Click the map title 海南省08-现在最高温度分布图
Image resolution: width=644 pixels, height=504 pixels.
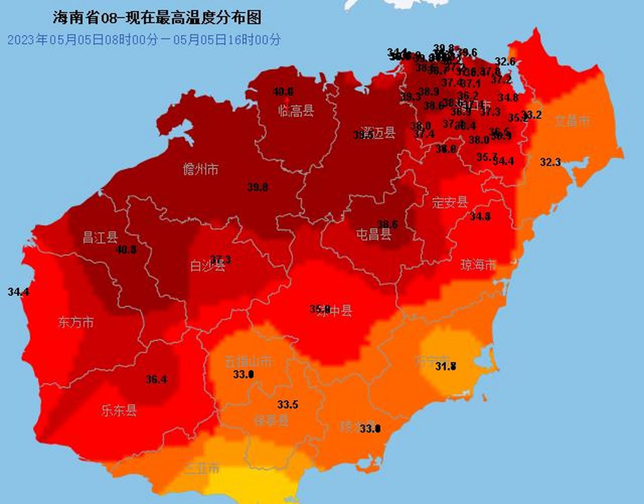click(157, 18)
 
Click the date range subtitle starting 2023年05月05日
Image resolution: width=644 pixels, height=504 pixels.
click(144, 40)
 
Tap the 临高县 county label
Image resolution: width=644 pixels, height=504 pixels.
click(296, 111)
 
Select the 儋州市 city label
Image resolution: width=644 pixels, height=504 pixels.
click(200, 170)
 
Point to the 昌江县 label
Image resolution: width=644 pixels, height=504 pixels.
click(100, 238)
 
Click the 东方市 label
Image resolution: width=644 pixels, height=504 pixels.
click(76, 322)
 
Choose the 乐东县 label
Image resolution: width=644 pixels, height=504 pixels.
click(119, 411)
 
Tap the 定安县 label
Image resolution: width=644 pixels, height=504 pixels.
click(449, 202)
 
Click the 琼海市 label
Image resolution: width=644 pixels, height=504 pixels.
click(478, 265)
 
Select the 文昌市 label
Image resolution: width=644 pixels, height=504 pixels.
click(572, 121)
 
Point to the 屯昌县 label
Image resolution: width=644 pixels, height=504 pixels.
click(373, 235)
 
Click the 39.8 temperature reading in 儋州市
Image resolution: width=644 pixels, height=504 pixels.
click(258, 187)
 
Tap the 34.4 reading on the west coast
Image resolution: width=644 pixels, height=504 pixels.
click(18, 292)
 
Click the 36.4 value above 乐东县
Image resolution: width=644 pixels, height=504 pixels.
click(156, 380)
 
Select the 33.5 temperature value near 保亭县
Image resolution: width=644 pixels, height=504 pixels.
click(288, 404)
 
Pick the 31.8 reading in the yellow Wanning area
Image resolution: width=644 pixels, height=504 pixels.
click(445, 366)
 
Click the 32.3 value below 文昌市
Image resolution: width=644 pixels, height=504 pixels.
click(550, 162)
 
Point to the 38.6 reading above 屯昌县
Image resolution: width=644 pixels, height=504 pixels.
click(388, 224)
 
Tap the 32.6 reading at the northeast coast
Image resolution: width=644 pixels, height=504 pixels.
click(505, 61)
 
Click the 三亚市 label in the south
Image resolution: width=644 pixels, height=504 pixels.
click(201, 469)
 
